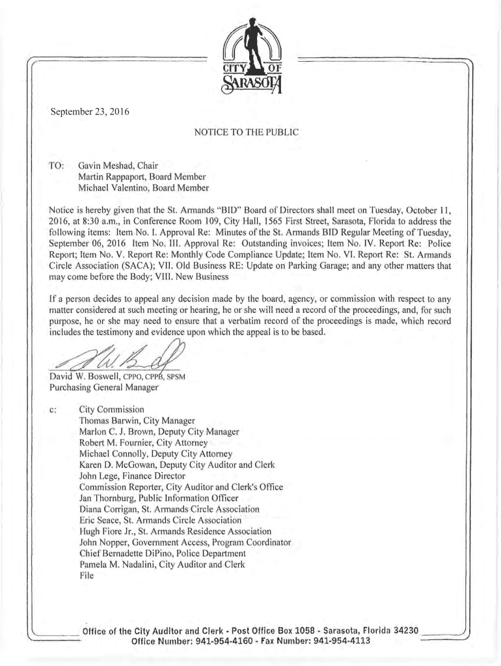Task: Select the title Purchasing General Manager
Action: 103,388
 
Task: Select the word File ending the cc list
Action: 87,576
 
